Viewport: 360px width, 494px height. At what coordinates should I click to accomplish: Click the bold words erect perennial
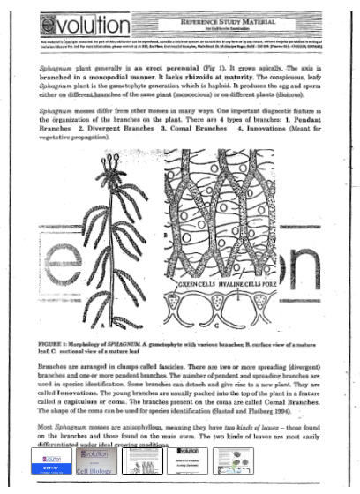199,65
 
